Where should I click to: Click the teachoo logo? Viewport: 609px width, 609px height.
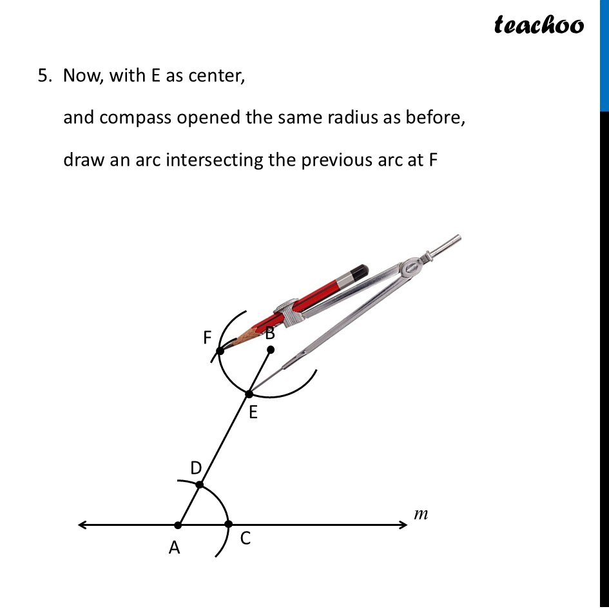pos(539,24)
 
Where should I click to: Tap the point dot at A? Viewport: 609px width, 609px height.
pos(179,525)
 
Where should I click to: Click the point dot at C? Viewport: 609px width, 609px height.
pos(228,525)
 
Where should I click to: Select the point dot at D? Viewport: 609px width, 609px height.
pos(200,485)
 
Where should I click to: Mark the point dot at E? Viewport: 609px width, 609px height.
pos(249,394)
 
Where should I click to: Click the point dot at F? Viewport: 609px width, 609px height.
pos(220,351)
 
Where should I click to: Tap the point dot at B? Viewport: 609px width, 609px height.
pos(271,350)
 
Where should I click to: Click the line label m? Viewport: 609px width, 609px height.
pos(421,514)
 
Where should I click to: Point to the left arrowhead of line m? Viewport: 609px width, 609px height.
pos(82,525)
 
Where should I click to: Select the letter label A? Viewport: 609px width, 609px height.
pos(174,548)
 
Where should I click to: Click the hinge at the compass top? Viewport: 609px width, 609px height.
pos(411,266)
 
